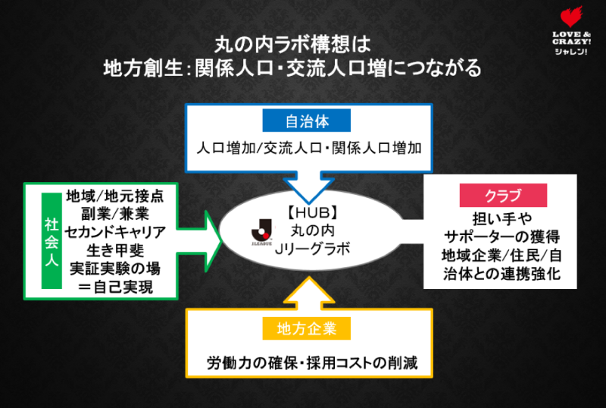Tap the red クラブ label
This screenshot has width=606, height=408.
tap(503, 196)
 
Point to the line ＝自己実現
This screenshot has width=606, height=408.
tap(120, 287)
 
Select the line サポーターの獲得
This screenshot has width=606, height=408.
tap(503, 234)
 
